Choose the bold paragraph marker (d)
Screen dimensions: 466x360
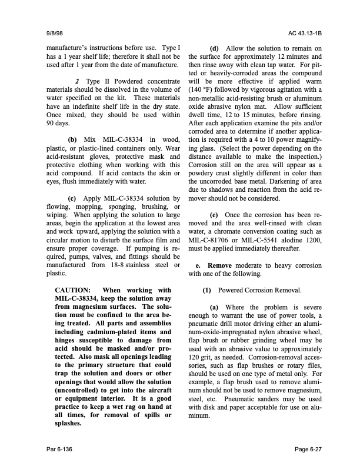click(216, 48)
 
